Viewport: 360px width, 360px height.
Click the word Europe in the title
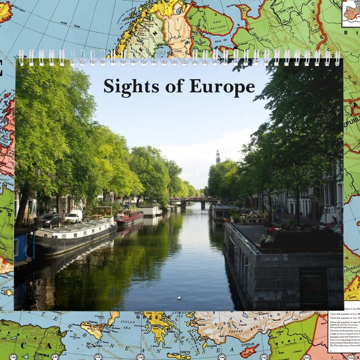pyautogui.click(x=222, y=87)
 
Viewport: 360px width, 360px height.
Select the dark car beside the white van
pyautogui.click(x=50, y=220)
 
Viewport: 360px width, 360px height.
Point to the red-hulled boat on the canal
pyautogui.click(x=129, y=217)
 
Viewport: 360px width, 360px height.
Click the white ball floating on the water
pyautogui.click(x=179, y=297)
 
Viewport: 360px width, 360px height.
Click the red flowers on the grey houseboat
pyautogui.click(x=271, y=229)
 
